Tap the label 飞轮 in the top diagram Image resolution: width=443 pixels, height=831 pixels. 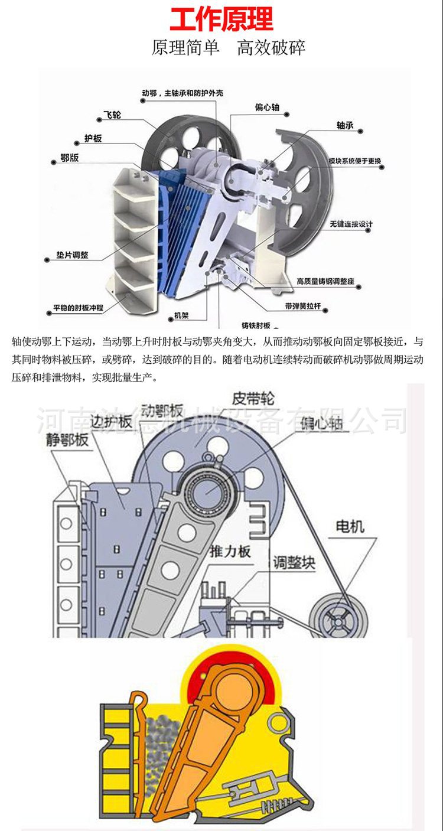pos(112,115)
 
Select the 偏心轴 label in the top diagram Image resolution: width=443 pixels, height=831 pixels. pos(267,107)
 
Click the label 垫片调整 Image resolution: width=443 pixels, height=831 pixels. pos(69,256)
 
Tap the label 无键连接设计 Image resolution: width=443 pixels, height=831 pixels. pos(351,224)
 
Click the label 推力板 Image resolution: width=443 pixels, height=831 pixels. pos(231,552)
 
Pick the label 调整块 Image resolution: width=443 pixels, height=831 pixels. pos(294,562)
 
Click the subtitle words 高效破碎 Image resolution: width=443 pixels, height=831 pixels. pos(271,48)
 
